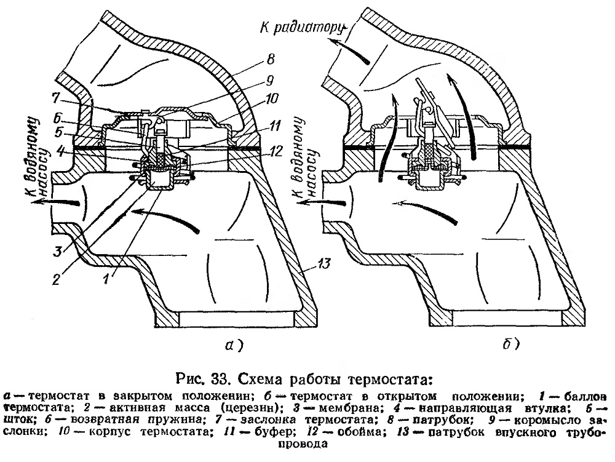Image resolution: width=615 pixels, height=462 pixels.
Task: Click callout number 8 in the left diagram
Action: tap(270, 60)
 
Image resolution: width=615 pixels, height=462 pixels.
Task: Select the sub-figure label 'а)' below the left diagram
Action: tap(234, 345)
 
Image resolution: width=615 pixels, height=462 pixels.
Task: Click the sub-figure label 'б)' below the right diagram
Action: tap(511, 344)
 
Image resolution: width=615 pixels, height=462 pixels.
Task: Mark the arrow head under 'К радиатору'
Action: tap(333, 40)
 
